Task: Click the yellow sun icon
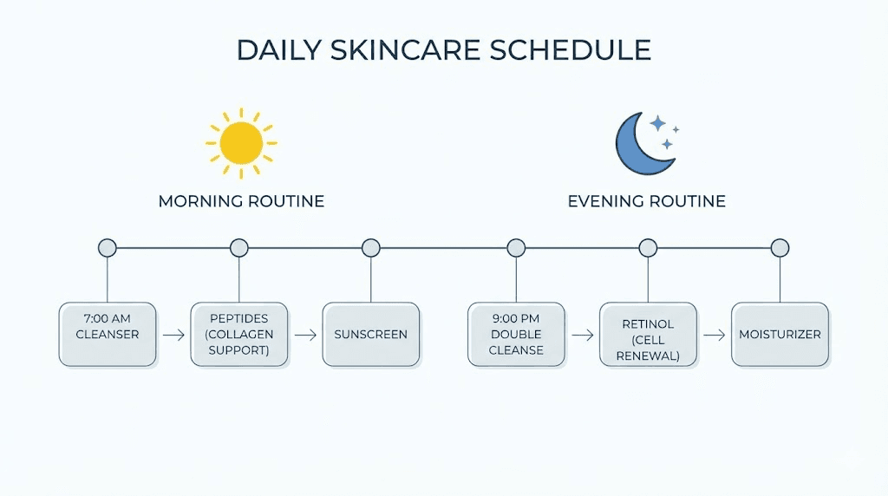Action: (x=241, y=143)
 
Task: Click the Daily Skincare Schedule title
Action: (x=443, y=50)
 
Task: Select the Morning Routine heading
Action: (x=241, y=201)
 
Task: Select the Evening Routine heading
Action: (x=646, y=201)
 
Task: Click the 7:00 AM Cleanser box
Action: (x=108, y=334)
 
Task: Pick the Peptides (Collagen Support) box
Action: (x=239, y=334)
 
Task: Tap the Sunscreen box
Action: (x=371, y=334)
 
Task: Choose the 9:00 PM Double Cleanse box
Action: (x=516, y=334)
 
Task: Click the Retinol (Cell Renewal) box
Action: (x=648, y=334)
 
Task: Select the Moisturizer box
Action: (x=780, y=334)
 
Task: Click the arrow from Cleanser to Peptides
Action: (x=173, y=334)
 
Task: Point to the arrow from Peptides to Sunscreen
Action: (x=305, y=334)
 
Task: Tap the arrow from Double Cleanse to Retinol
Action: (x=582, y=334)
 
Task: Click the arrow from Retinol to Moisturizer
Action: (x=714, y=334)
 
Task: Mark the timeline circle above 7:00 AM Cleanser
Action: (x=108, y=248)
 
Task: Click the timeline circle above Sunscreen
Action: (x=371, y=248)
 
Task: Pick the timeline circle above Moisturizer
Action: (x=780, y=248)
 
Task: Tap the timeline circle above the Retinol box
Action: (x=648, y=248)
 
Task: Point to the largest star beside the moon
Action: (x=658, y=123)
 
